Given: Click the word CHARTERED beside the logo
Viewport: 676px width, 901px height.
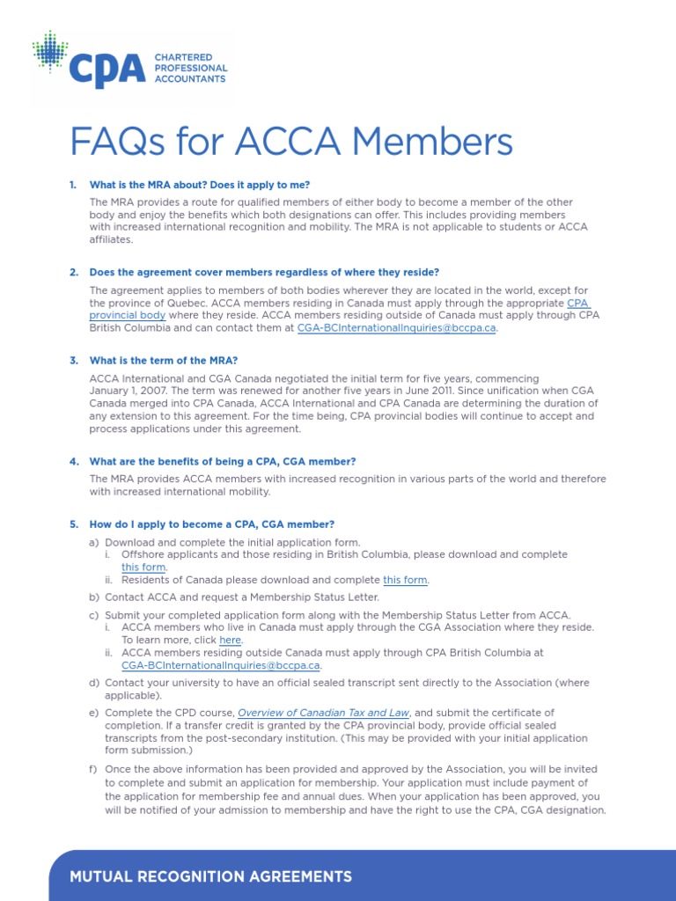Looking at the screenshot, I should coord(180,57).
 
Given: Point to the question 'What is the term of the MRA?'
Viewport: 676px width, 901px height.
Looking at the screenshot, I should coord(164,360).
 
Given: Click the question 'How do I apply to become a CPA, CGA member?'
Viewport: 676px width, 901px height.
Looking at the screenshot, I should coord(212,524).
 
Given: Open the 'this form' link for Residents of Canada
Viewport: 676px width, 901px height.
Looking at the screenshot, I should coord(406,580).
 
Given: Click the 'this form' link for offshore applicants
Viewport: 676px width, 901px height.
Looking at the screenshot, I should coord(144,568).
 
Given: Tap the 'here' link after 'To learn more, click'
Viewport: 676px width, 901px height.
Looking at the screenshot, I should coord(230,641).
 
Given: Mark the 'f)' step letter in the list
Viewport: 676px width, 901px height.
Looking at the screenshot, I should coord(93,769).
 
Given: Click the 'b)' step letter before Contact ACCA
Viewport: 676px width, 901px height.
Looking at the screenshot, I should coord(94,597).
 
